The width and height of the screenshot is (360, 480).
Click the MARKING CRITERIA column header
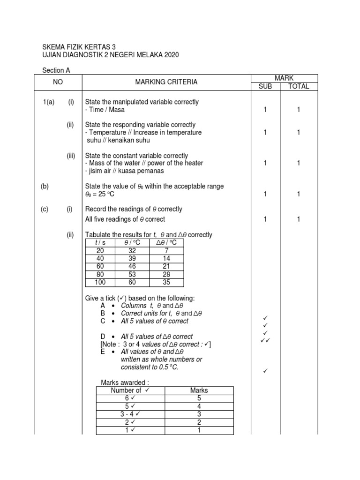coord(166,82)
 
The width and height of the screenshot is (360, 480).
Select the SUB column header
coord(265,87)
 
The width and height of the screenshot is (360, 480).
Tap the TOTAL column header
coord(299,87)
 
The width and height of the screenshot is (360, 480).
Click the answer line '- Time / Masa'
coord(105,110)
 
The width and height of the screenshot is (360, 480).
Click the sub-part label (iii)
coord(71,156)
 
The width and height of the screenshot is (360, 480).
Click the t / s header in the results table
coord(100,243)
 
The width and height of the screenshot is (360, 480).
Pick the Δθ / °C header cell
coord(166,243)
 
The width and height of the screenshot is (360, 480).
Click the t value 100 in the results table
coord(100,282)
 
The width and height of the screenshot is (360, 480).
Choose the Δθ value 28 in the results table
coord(166,274)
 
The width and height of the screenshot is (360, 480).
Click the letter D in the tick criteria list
coord(103,337)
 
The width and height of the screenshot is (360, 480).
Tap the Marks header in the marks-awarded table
coord(199,390)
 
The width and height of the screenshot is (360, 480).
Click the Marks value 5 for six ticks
coord(199,398)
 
